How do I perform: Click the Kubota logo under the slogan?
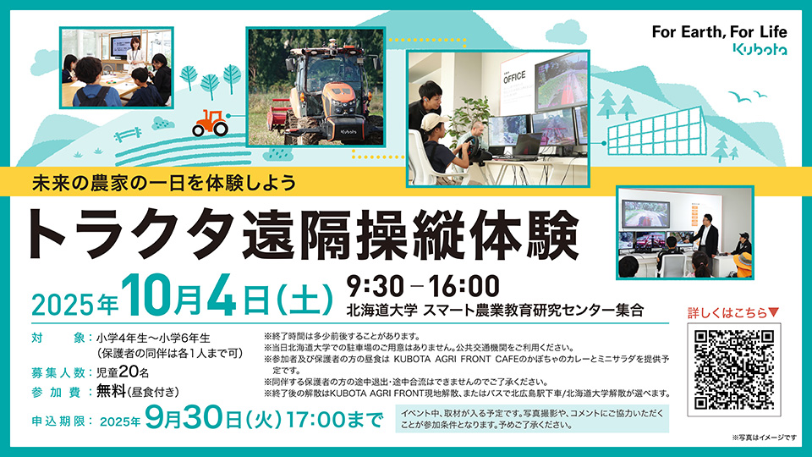pos(760,49)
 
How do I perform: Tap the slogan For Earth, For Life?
pos(719,32)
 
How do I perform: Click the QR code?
pos(734,370)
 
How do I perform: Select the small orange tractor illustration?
pos(211,123)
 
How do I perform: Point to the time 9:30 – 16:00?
pos(423,287)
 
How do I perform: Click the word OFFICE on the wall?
pos(514,78)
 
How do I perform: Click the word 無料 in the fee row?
pos(112,391)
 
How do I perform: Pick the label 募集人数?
pos(58,372)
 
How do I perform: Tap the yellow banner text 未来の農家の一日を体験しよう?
pos(164,183)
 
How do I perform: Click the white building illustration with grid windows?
pos(656,133)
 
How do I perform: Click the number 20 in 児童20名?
pos(129,372)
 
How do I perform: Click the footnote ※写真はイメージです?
pos(765,438)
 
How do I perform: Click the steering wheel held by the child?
pos(464,148)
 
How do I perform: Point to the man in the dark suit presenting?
pos(705,237)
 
